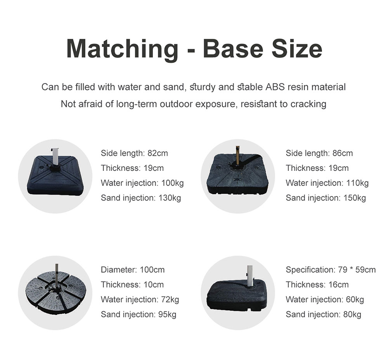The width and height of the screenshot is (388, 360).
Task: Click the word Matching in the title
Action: pyautogui.click(x=122, y=49)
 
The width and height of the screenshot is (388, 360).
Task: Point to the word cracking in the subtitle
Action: pyautogui.click(x=308, y=104)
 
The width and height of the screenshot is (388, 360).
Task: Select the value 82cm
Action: pyautogui.click(x=158, y=153)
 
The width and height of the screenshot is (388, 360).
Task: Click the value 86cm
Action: pyautogui.click(x=343, y=153)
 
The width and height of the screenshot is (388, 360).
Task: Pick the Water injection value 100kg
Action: pyautogui.click(x=173, y=183)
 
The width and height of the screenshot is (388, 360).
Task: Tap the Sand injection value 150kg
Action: pyautogui.click(x=354, y=198)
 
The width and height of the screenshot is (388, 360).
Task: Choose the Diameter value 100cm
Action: pyautogui.click(x=152, y=270)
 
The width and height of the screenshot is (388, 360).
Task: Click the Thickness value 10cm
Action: pyautogui.click(x=154, y=285)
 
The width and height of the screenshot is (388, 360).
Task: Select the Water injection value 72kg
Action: pyautogui.click(x=170, y=299)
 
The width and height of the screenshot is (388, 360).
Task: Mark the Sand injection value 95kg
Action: pyautogui.click(x=167, y=315)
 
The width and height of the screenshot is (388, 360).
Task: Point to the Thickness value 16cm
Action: pyautogui.click(x=338, y=285)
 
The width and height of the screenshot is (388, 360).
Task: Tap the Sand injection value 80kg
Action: pyautogui.click(x=352, y=315)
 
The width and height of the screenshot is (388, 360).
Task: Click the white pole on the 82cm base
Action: pyautogui.click(x=56, y=157)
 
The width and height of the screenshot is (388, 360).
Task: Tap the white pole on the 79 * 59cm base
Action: pyautogui.click(x=250, y=276)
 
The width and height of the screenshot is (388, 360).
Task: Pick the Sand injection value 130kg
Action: pyautogui.click(x=170, y=198)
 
